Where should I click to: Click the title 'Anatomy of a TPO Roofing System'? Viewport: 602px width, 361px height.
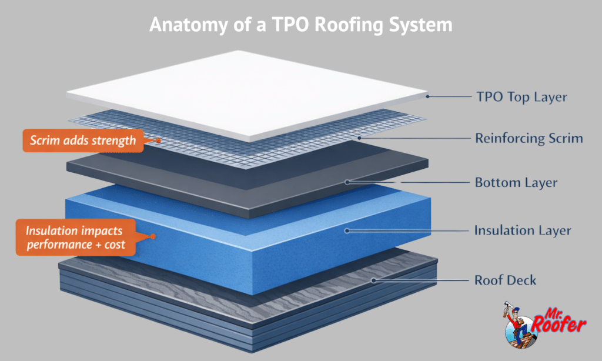[x=300, y=25]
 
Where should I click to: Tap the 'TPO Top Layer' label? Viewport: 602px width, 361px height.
[x=521, y=97]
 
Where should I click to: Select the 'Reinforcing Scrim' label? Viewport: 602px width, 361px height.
[x=529, y=139]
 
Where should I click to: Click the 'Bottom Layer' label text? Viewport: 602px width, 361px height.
[x=516, y=182]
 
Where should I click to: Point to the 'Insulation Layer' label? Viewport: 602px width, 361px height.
[x=522, y=230]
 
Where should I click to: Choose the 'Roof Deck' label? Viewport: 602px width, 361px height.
[x=505, y=280]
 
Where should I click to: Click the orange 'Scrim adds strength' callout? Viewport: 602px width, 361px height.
[x=82, y=141]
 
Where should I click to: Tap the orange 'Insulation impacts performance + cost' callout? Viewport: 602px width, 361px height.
[x=75, y=236]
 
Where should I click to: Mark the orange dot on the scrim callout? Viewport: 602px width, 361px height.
[x=158, y=141]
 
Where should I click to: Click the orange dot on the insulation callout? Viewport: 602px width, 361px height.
[x=152, y=236]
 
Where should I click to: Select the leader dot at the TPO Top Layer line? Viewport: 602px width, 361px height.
[x=428, y=96]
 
